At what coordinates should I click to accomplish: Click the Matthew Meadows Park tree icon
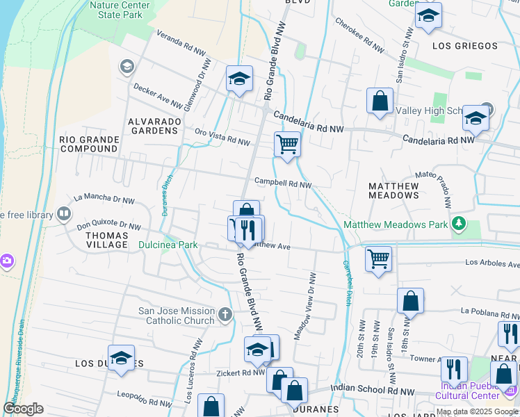coord(458,224)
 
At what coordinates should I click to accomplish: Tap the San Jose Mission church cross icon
coord(225,316)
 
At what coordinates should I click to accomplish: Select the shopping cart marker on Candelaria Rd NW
coord(287,145)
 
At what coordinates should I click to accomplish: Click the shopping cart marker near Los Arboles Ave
coord(378,260)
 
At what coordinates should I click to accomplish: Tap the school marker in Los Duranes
coord(121,359)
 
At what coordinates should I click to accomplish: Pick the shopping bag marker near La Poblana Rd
coord(411,302)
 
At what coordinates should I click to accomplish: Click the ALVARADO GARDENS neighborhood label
coord(154,125)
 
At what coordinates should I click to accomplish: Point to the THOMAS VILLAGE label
coord(106,240)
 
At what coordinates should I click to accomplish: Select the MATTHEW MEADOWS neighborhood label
coord(393,191)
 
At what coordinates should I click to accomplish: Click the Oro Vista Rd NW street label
coord(222,137)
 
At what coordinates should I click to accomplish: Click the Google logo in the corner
coord(23,409)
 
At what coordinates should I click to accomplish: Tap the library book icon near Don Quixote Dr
coord(63,213)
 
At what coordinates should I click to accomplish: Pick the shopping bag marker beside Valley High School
coord(380,101)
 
